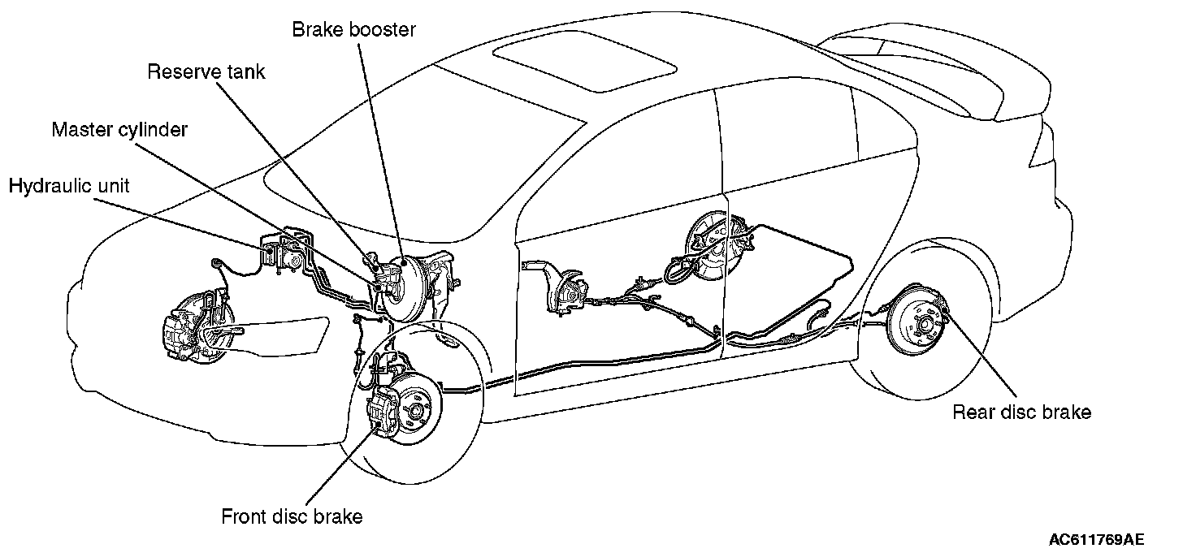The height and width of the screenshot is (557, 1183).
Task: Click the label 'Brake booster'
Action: (353, 30)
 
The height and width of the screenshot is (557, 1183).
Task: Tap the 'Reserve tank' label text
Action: (206, 71)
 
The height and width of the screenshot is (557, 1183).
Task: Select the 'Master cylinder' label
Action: (119, 130)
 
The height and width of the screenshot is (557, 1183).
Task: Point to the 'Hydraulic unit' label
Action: (69, 187)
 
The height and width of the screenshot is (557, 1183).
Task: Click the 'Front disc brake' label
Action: (292, 516)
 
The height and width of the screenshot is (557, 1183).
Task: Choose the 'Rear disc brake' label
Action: (1021, 412)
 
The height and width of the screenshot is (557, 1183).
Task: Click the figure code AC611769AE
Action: (1096, 539)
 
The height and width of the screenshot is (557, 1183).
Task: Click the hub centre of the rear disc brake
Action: (925, 324)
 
